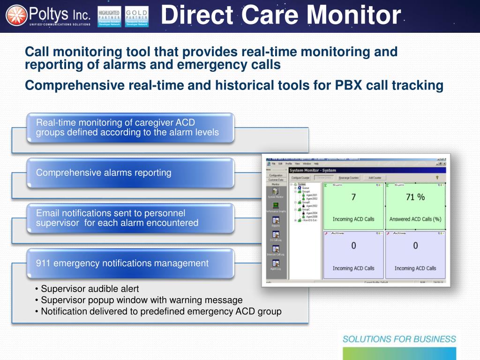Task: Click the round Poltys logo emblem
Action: click(x=16, y=16)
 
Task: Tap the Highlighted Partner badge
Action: click(x=109, y=16)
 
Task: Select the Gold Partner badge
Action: click(x=137, y=16)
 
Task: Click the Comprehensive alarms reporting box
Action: click(x=130, y=172)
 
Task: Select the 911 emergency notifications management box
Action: click(x=130, y=263)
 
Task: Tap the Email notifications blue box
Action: click(x=130, y=218)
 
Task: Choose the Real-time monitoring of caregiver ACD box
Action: click(x=130, y=127)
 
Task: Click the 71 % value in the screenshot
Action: click(x=415, y=197)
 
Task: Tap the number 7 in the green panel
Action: click(x=353, y=197)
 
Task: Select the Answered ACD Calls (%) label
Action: click(x=415, y=219)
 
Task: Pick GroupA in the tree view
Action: click(x=306, y=192)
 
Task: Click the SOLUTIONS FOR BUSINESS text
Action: click(x=399, y=339)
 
